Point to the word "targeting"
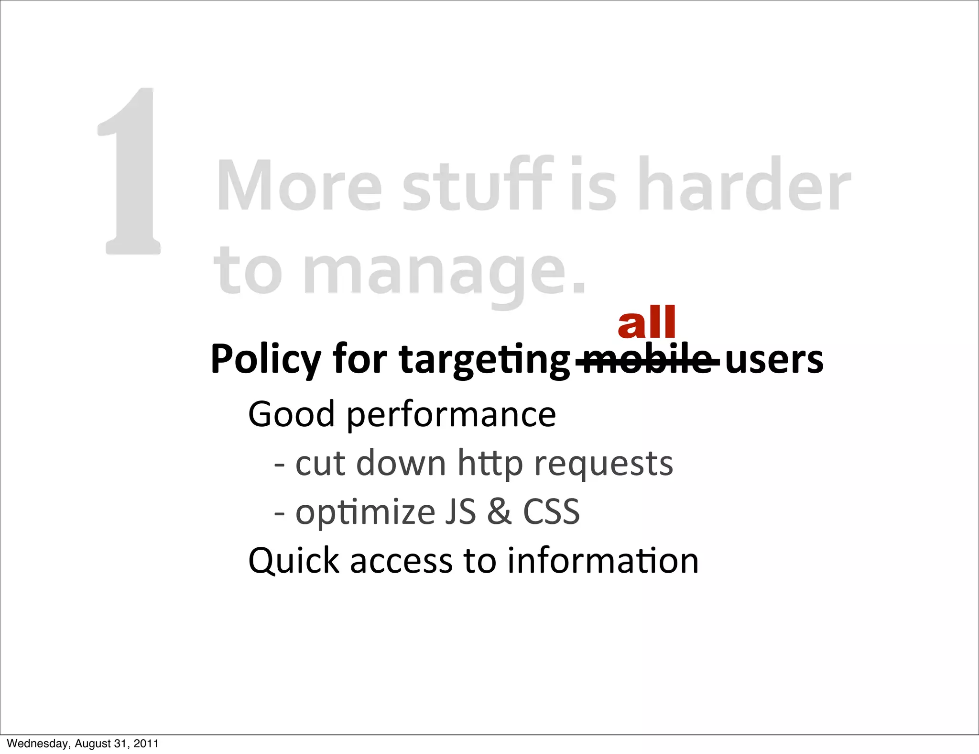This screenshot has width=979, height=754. point(484,360)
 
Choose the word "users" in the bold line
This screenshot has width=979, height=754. point(774,360)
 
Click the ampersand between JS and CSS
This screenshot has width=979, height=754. point(499,512)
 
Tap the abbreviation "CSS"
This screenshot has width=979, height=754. point(551,512)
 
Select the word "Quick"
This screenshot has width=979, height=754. point(294,561)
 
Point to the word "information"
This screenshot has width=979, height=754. point(603,561)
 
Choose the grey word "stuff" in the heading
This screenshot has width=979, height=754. point(477,185)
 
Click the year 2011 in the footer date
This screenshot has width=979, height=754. point(146,743)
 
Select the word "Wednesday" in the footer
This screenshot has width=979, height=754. point(38,743)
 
